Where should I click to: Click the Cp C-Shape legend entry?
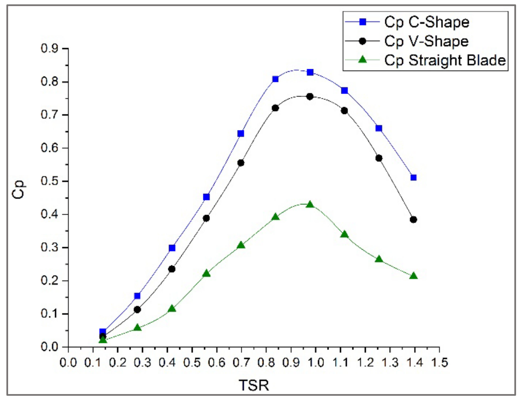click(x=426, y=22)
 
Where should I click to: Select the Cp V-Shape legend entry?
click(x=426, y=41)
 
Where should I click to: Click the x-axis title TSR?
click(x=253, y=385)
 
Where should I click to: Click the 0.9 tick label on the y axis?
click(x=49, y=48)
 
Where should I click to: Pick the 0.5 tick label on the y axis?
click(x=49, y=181)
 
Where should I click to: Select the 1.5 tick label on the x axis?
click(x=439, y=363)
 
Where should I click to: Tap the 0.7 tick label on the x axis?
click(x=241, y=363)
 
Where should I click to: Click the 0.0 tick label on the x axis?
click(x=68, y=363)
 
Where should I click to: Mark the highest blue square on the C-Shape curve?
click(x=310, y=72)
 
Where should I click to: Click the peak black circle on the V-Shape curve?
click(x=310, y=97)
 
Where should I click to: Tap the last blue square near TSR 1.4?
click(x=413, y=178)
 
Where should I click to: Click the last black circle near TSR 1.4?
click(x=413, y=220)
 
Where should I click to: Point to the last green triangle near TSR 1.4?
click(x=413, y=276)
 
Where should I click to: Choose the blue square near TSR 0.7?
click(x=241, y=133)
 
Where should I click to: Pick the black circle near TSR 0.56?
click(x=206, y=218)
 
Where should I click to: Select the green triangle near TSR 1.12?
click(x=344, y=235)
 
